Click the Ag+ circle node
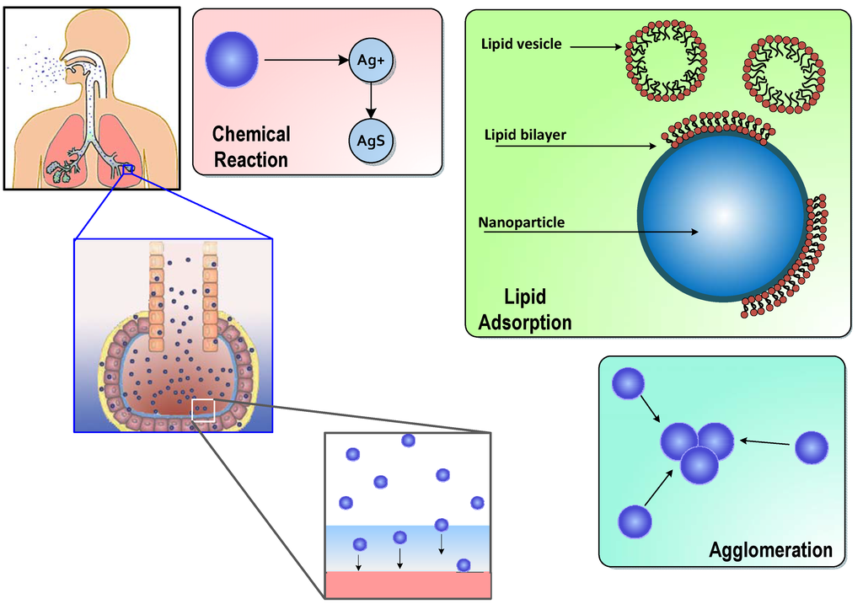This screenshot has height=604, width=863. point(370,61)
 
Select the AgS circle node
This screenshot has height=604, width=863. point(370,142)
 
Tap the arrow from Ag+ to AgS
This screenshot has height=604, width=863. point(370,100)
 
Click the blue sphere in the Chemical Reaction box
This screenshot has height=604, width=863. point(232,60)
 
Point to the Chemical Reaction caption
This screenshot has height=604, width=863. point(251,147)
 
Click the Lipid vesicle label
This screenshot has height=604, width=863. point(520,44)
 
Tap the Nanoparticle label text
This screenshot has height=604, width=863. point(521,223)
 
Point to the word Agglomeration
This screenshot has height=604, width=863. point(770,551)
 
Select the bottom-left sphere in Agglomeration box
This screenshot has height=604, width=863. point(635,521)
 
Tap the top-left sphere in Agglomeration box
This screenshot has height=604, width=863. point(627,384)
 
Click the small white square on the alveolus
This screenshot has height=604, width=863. point(203,409)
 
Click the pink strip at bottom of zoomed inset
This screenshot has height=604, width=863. point(407,585)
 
